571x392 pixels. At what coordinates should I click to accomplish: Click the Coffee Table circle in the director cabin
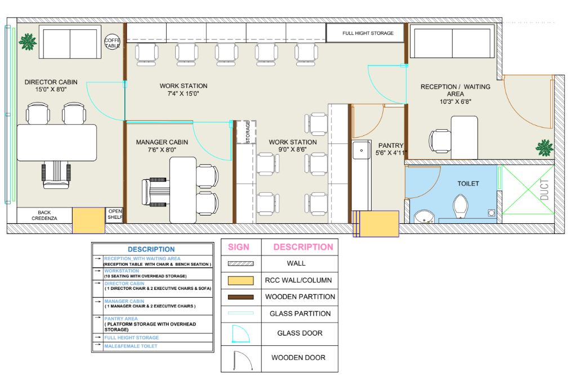(112, 42)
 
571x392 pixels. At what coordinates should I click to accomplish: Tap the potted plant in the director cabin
(28, 42)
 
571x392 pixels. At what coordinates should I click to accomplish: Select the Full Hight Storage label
(368, 33)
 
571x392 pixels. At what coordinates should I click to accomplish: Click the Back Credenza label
(44, 215)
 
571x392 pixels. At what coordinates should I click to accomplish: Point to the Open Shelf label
(115, 214)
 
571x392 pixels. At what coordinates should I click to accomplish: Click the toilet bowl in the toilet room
(461, 206)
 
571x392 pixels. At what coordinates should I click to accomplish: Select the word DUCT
(544, 190)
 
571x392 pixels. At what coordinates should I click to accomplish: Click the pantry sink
(362, 150)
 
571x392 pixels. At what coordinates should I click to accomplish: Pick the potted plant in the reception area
(545, 148)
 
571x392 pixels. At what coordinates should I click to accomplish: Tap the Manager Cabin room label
(162, 146)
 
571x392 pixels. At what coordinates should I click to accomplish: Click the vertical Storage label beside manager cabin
(248, 132)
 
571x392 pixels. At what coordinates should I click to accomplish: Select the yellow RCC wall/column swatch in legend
(240, 280)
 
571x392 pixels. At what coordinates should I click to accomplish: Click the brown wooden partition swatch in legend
(240, 297)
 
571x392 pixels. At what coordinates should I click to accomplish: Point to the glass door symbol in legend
(240, 334)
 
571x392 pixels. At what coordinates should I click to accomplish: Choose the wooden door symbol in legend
(243, 362)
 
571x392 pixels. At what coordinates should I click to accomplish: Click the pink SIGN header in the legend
(239, 247)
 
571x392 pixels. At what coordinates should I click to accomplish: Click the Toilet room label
(468, 183)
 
